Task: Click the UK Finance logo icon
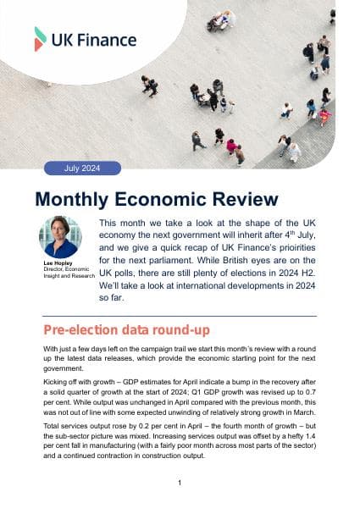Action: [41, 38]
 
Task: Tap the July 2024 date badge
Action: [81, 168]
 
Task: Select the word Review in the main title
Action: [245, 200]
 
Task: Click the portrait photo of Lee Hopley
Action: [61, 236]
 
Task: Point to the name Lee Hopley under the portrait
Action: [55, 263]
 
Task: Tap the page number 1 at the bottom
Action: [180, 483]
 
